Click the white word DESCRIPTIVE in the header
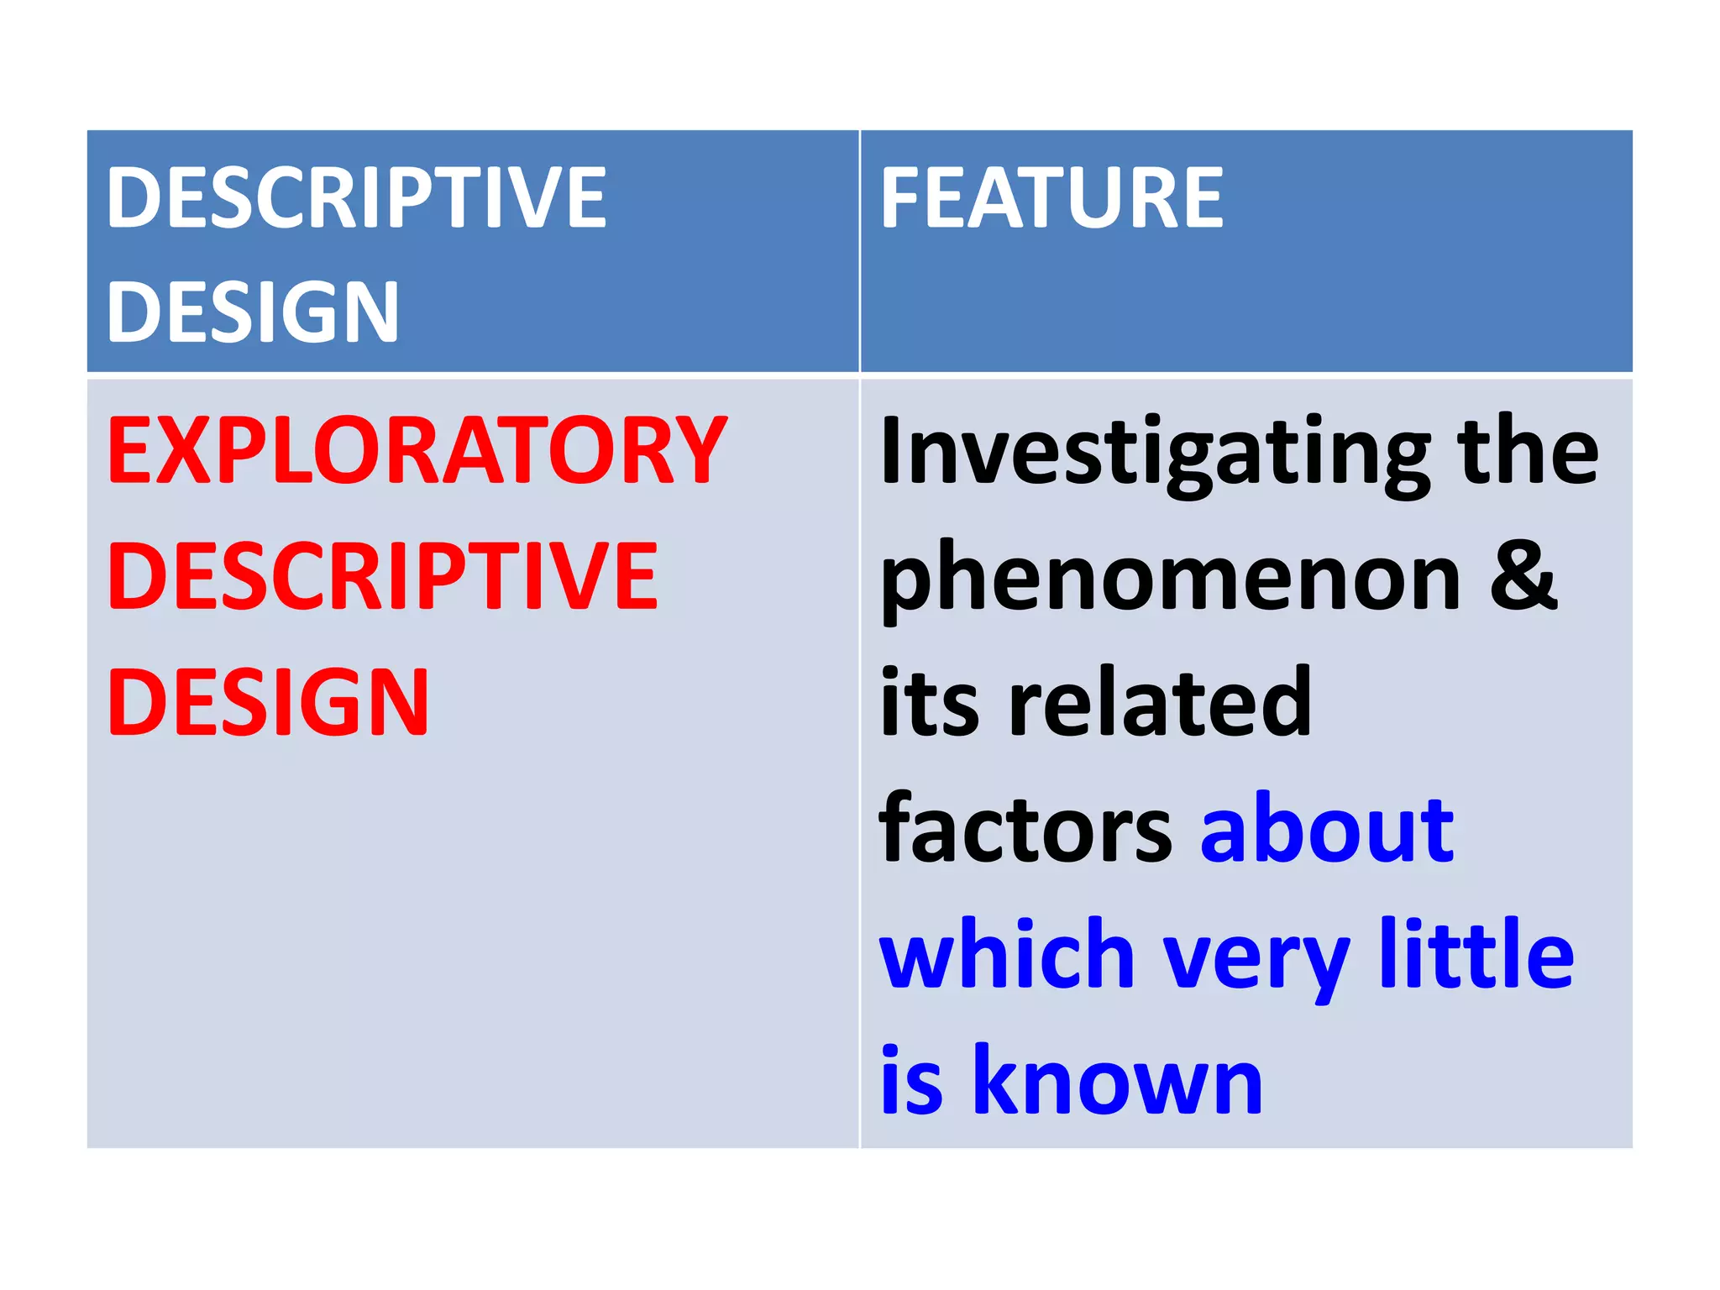click(x=356, y=198)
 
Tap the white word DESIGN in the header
click(x=252, y=312)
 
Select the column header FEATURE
click(x=1051, y=198)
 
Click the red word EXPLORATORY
click(x=417, y=451)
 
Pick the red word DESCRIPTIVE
click(x=383, y=576)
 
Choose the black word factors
click(x=1025, y=830)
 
